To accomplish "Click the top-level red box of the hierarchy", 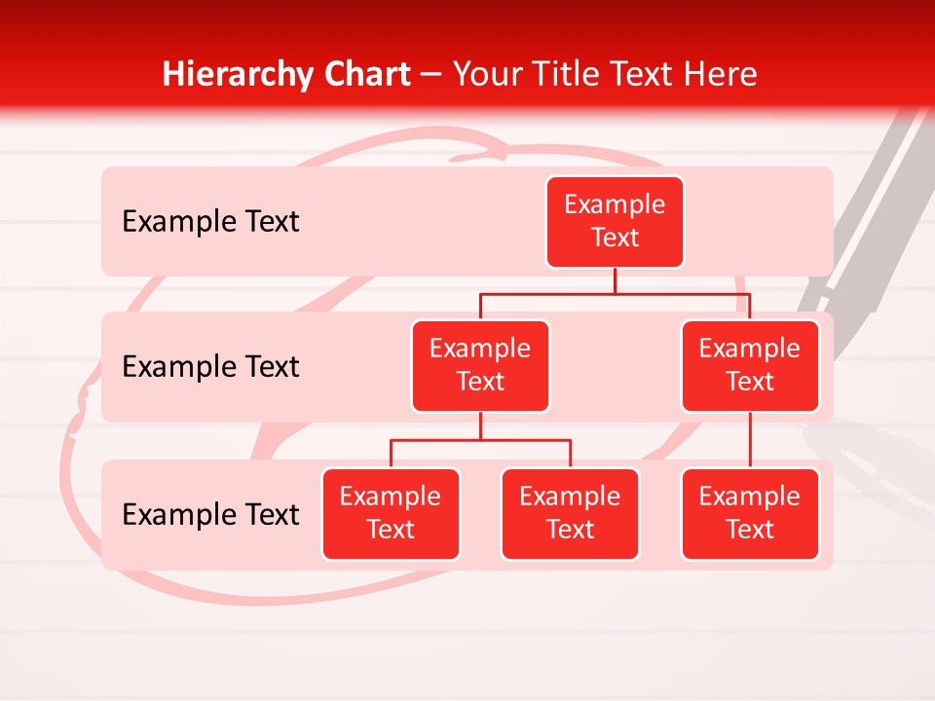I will [x=615, y=222].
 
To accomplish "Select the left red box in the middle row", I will [x=480, y=366].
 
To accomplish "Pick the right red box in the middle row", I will [x=750, y=366].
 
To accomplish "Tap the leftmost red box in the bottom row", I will [x=391, y=514].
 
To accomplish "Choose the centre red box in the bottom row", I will [x=570, y=514].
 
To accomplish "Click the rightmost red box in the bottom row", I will [x=750, y=514].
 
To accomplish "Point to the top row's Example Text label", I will [x=210, y=222].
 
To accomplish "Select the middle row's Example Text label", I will [x=210, y=367].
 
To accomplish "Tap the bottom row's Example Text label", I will [x=210, y=515].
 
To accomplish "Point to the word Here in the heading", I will [x=722, y=74].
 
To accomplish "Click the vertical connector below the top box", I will [x=615, y=280].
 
